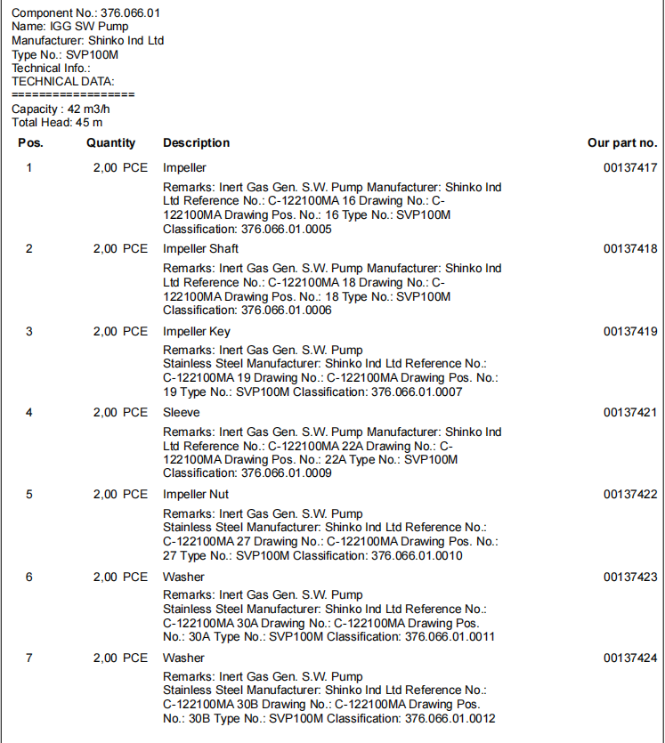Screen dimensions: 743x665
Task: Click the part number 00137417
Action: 629,167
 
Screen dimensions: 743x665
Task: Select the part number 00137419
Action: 629,331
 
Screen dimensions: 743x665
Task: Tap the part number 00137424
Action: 629,658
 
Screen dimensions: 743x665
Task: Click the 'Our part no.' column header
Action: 621,142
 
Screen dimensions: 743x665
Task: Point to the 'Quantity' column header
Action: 111,142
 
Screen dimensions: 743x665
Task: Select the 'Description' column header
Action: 196,142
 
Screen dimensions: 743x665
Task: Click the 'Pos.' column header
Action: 30,142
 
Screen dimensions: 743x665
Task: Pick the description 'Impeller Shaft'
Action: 200,248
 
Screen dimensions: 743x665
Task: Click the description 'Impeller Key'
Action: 196,331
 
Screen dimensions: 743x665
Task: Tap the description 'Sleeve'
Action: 182,412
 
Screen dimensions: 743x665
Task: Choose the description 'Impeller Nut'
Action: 196,494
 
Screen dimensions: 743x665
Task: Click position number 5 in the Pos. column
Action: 29,494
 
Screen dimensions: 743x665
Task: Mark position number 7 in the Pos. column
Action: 29,658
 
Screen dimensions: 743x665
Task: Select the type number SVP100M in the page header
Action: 93,54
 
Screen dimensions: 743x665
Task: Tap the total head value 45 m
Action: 88,122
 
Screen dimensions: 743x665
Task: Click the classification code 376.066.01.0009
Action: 287,473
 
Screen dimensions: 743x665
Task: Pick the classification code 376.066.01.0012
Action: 450,719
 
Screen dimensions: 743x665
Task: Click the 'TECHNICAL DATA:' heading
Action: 63,81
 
